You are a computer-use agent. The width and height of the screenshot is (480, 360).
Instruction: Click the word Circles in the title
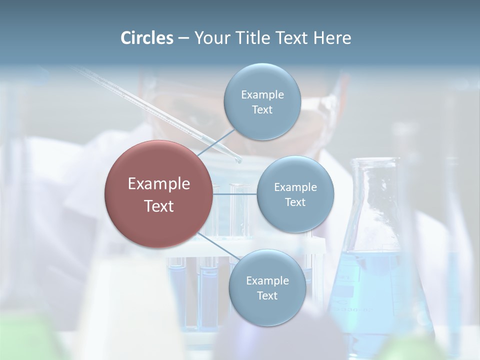point(146,38)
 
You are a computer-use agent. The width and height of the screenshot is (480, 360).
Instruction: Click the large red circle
point(158,194)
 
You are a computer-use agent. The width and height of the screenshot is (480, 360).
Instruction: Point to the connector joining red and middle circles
point(234,194)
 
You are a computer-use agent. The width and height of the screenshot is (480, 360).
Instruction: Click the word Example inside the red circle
point(158,184)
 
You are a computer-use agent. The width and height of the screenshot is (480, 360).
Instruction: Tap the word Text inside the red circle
point(158,206)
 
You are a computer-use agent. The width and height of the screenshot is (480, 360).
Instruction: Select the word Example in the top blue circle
point(262,94)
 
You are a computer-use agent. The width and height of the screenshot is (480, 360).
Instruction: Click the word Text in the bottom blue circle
point(267,295)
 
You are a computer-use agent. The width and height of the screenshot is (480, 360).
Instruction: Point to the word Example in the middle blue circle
point(295,187)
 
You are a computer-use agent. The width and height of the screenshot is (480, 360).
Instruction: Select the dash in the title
point(183,38)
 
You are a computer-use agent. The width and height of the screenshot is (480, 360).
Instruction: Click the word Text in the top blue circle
point(262,109)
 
